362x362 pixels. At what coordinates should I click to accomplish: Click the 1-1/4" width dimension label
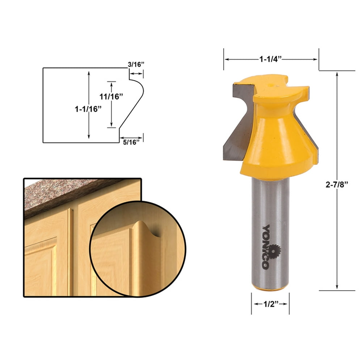click(270, 59)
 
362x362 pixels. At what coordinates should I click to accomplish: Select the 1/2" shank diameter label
click(270, 303)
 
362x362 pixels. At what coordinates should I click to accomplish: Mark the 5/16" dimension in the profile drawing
click(131, 142)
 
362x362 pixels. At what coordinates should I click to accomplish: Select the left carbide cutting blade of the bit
click(237, 123)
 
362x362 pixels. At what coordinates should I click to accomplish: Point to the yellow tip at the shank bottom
click(270, 289)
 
